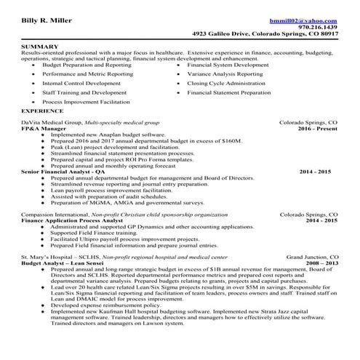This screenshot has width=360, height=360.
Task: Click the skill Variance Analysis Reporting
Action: click(x=225, y=74)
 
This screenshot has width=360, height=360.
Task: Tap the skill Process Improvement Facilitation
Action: click(x=87, y=103)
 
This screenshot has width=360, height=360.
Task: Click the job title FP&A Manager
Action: click(x=43, y=129)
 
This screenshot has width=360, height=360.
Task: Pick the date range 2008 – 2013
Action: click(x=316, y=263)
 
